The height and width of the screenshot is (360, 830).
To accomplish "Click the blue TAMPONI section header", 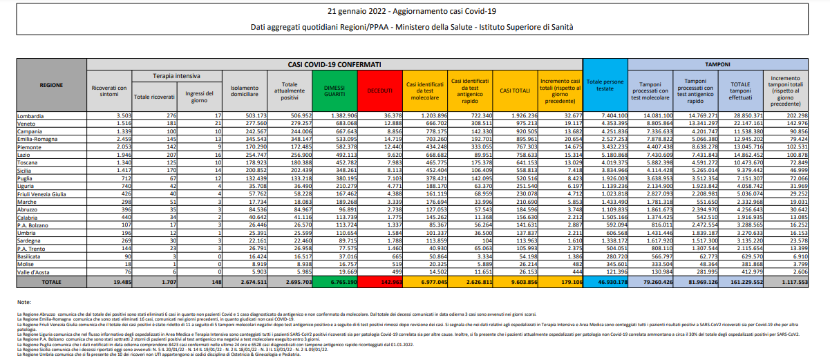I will click(x=719, y=64).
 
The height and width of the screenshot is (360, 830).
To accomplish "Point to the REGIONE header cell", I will click(x=52, y=85).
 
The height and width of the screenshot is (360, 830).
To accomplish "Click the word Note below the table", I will click(x=24, y=303).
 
